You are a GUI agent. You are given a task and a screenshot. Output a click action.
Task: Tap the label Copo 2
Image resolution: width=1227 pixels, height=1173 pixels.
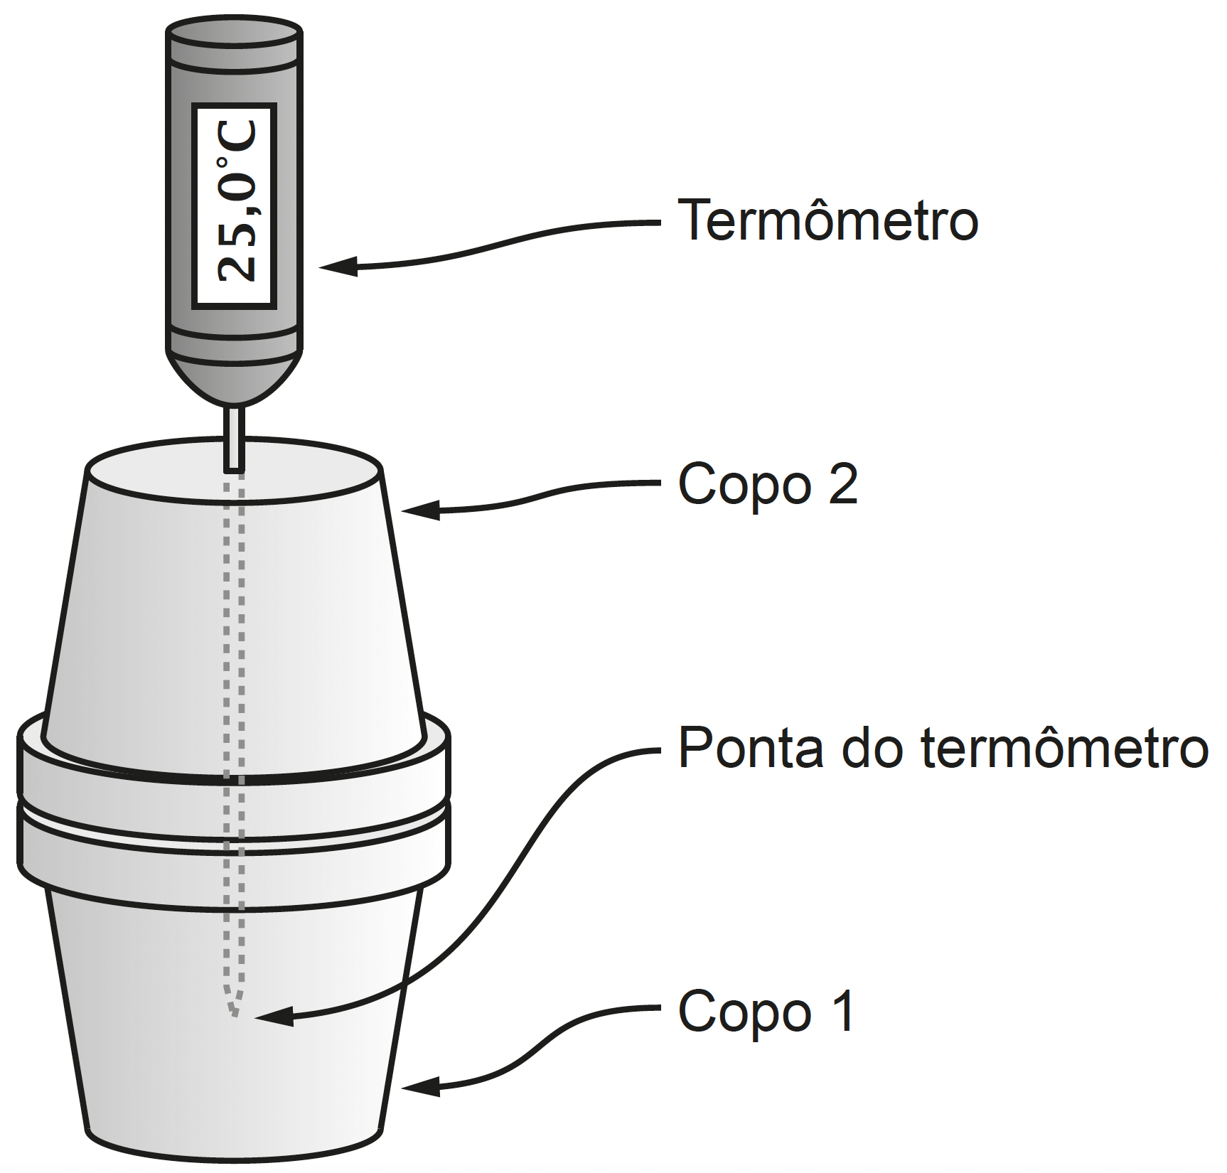768,484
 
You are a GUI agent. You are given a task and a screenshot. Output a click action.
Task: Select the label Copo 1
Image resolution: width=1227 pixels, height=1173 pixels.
766,1010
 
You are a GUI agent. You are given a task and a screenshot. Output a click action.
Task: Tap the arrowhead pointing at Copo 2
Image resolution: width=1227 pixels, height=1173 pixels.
420,510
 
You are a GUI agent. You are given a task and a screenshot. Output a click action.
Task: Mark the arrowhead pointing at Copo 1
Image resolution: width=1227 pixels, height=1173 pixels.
420,1087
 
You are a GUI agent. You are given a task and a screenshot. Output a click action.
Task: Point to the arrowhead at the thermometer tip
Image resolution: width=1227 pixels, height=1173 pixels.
273,1017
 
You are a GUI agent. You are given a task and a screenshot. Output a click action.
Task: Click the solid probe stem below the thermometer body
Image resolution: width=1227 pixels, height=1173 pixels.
235,438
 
